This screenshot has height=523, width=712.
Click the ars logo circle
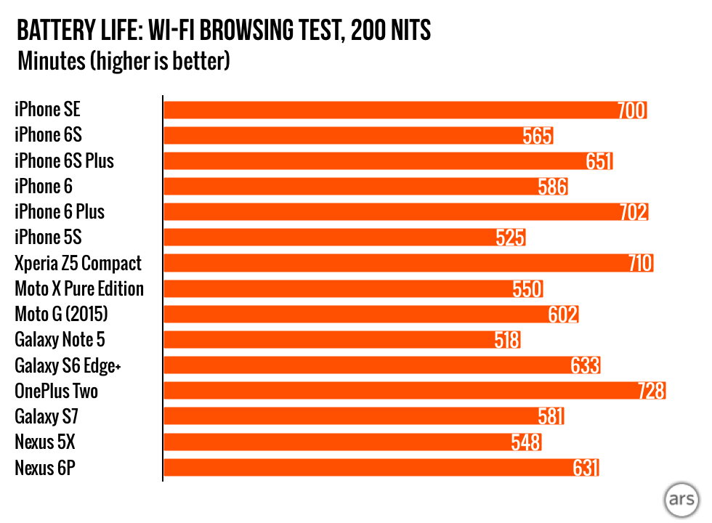pyautogui.click(x=680, y=501)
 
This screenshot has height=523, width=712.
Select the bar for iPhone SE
pyautogui.click(x=392, y=110)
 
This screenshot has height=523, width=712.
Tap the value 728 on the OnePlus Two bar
pyautogui.click(x=650, y=392)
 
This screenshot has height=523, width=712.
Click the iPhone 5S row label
pyautogui.click(x=48, y=238)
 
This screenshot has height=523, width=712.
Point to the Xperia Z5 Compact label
pyautogui.click(x=78, y=263)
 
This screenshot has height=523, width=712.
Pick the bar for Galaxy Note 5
pyautogui.click(x=327, y=340)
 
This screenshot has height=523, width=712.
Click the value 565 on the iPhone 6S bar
pyautogui.click(x=538, y=136)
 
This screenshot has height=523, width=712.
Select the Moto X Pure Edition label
pyautogui.click(x=79, y=289)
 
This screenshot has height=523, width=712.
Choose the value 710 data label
pyautogui.click(x=640, y=263)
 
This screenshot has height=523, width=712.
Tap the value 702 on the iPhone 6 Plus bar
pyautogui.click(x=633, y=212)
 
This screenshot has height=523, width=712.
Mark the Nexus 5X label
pyautogui.click(x=44, y=442)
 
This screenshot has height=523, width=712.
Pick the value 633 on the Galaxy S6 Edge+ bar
pyautogui.click(x=585, y=365)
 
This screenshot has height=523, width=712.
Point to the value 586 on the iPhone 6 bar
pyautogui.click(x=552, y=187)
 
